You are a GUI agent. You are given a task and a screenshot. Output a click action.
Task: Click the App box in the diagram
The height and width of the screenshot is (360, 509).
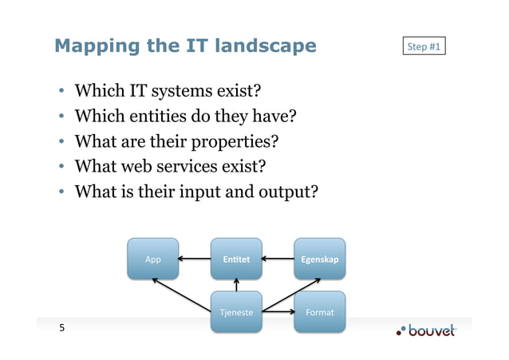153,259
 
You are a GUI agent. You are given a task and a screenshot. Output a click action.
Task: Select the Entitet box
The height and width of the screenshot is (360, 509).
237,259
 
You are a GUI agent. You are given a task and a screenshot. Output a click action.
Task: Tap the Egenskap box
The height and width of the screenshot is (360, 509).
320,259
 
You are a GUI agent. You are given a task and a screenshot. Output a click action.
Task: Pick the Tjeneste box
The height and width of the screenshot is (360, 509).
237,312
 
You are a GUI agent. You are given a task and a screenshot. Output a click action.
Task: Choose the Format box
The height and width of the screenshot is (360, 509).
320,312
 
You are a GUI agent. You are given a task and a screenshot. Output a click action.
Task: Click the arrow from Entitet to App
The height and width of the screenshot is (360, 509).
195,259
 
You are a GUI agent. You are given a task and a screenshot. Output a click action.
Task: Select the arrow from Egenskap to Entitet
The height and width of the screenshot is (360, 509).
278,259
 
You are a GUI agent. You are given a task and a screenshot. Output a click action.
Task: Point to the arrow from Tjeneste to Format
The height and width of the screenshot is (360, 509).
278,312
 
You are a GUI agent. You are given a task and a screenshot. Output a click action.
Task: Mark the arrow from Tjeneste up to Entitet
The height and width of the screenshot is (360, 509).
237,285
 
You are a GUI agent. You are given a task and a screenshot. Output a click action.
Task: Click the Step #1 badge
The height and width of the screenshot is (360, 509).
424,47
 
